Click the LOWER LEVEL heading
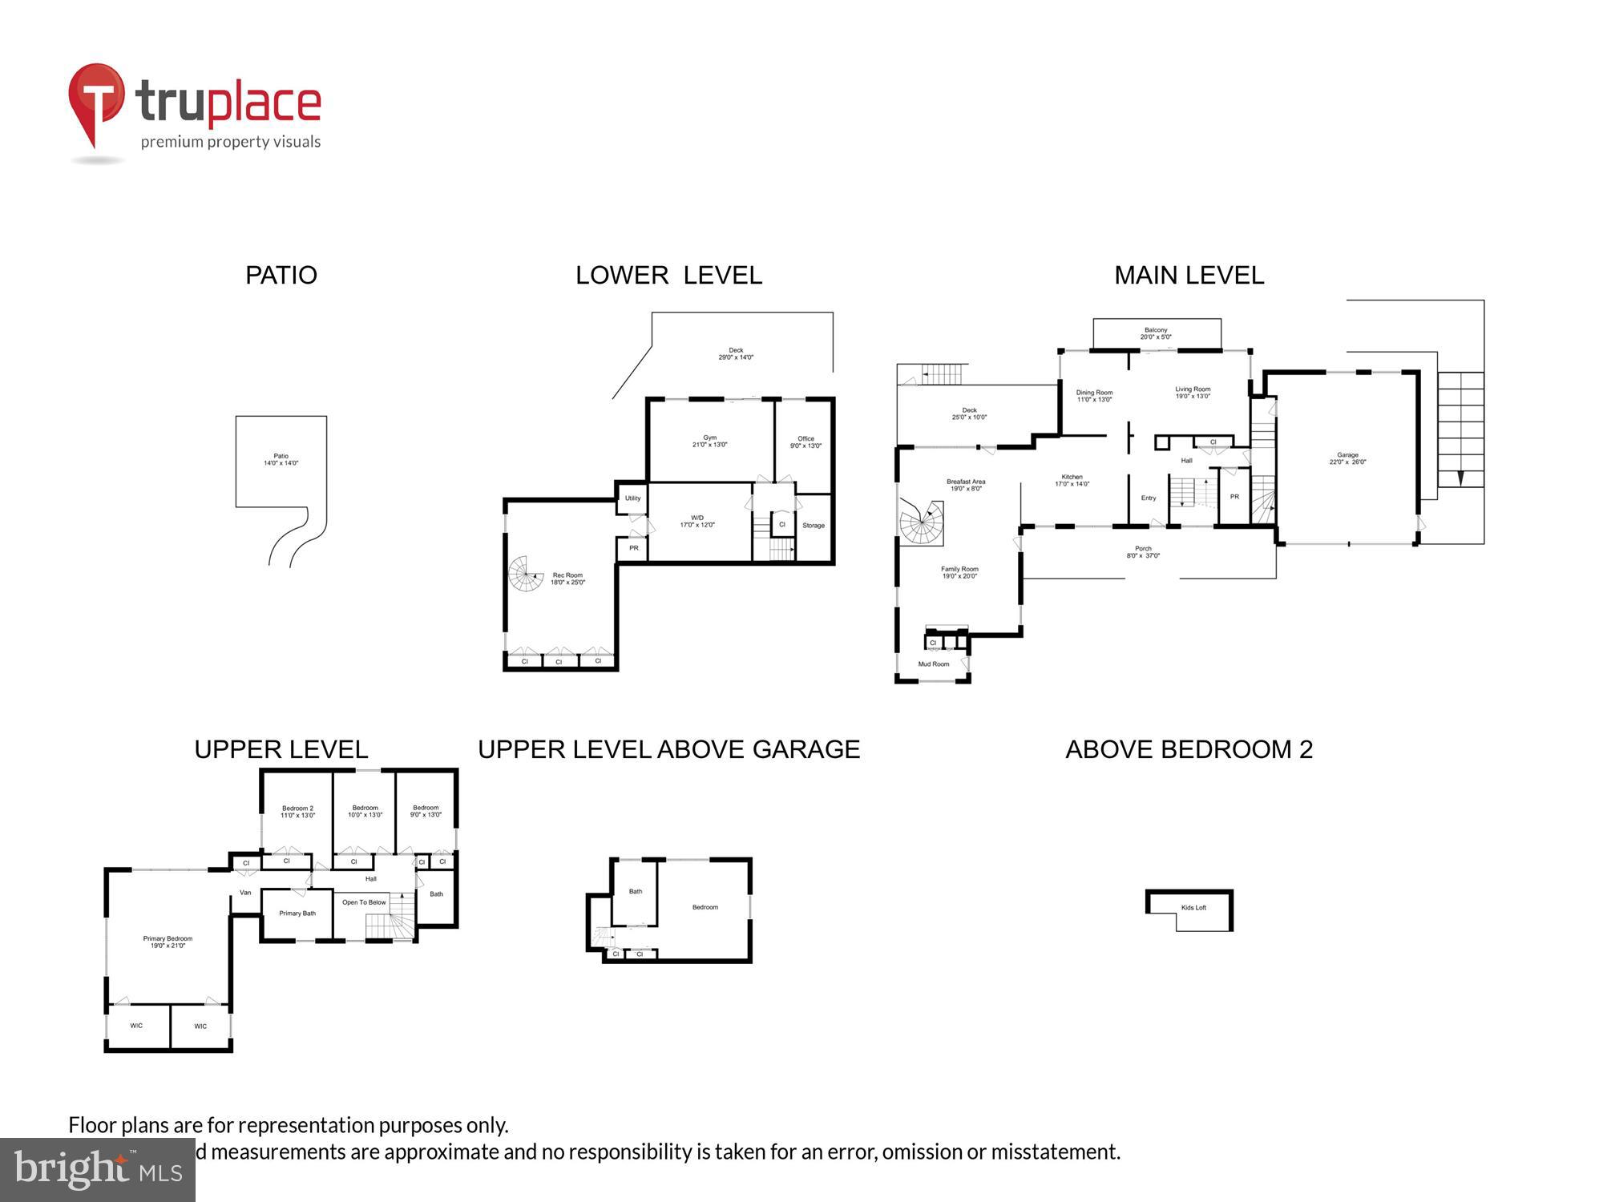pyautogui.click(x=668, y=276)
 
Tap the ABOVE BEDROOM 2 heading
pyautogui.click(x=1189, y=749)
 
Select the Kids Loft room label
pyautogui.click(x=1193, y=908)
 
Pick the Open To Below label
pyautogui.click(x=364, y=902)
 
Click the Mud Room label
pyautogui.click(x=934, y=664)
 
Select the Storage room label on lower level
pyautogui.click(x=814, y=526)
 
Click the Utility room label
pyautogui.click(x=633, y=498)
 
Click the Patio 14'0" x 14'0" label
pyautogui.click(x=281, y=459)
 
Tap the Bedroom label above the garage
pyautogui.click(x=705, y=907)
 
